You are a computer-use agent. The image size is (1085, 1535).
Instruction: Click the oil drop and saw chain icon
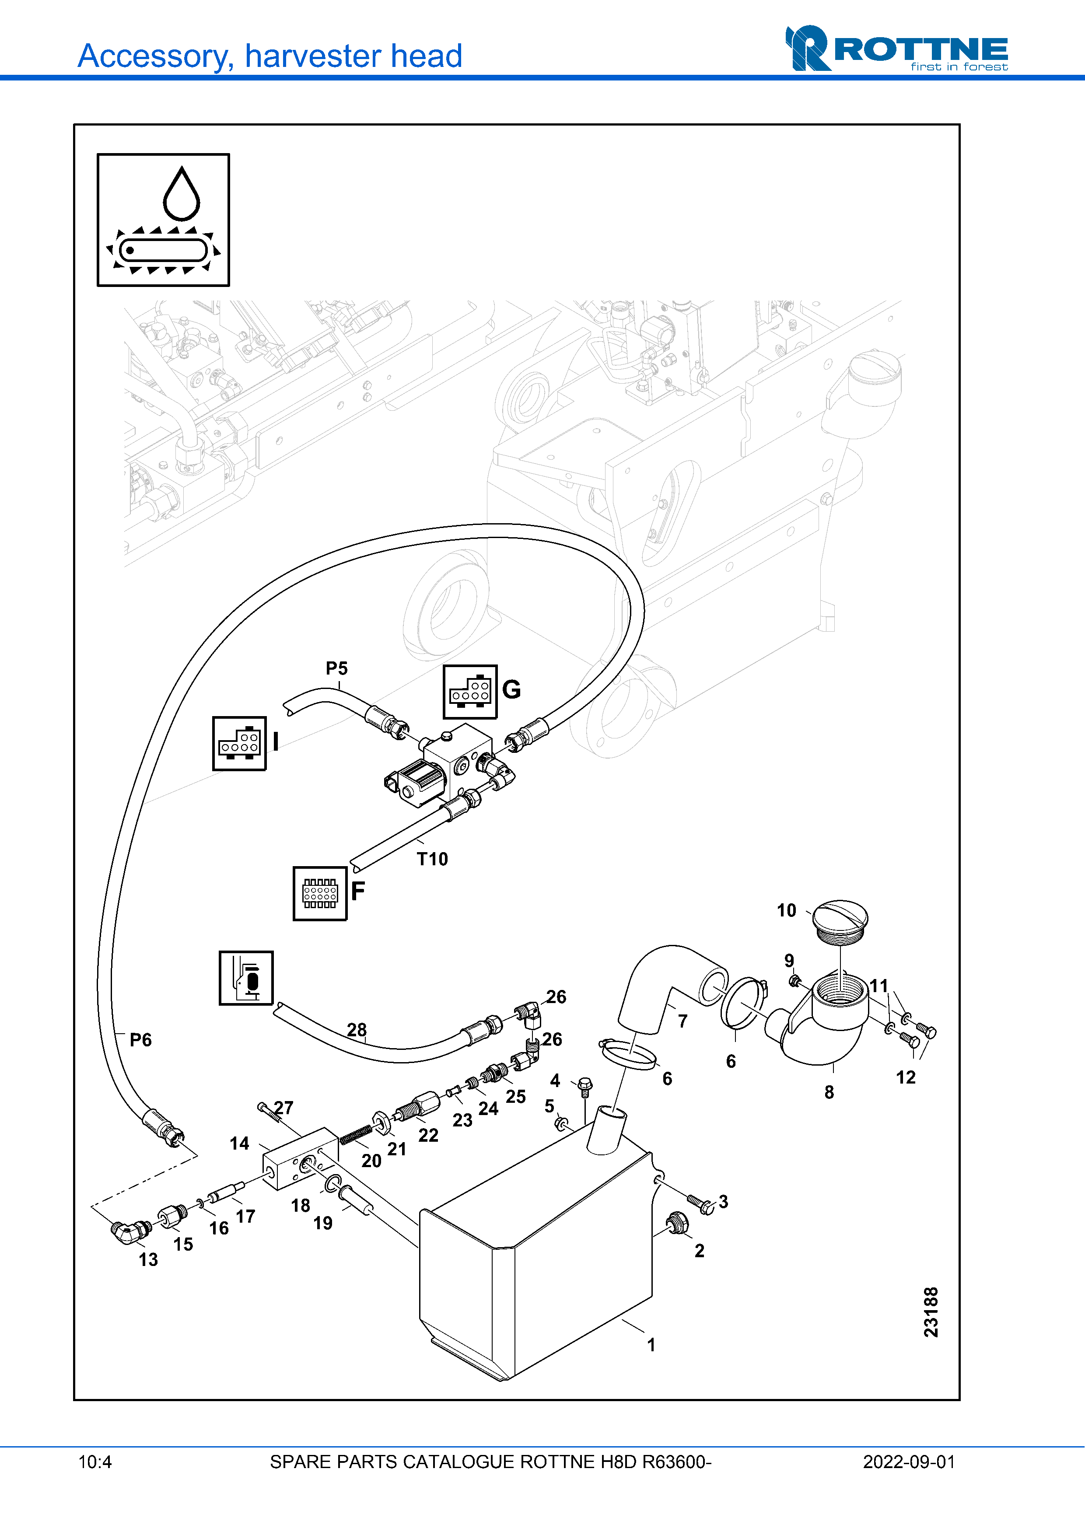[163, 220]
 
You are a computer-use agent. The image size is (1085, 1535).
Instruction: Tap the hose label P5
[337, 668]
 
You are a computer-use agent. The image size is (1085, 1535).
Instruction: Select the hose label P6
[140, 1040]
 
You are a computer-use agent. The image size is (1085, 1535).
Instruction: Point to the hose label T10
[433, 859]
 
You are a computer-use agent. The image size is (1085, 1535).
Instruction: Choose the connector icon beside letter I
[239, 743]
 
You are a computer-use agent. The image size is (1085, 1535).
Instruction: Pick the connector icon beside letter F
[320, 893]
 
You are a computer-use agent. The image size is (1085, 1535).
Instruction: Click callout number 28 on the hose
[356, 1030]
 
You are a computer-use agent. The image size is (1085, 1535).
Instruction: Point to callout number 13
[148, 1259]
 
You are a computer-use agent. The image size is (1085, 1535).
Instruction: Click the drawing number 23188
[931, 1312]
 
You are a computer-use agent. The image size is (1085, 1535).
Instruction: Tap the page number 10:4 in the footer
[95, 1462]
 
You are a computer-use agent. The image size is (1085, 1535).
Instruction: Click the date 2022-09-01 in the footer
[909, 1462]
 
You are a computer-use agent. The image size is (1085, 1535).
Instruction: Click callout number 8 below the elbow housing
[829, 1092]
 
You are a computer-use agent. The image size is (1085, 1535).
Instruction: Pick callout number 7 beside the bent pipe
[682, 1021]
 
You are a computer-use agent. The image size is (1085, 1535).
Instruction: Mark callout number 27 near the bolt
[283, 1108]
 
